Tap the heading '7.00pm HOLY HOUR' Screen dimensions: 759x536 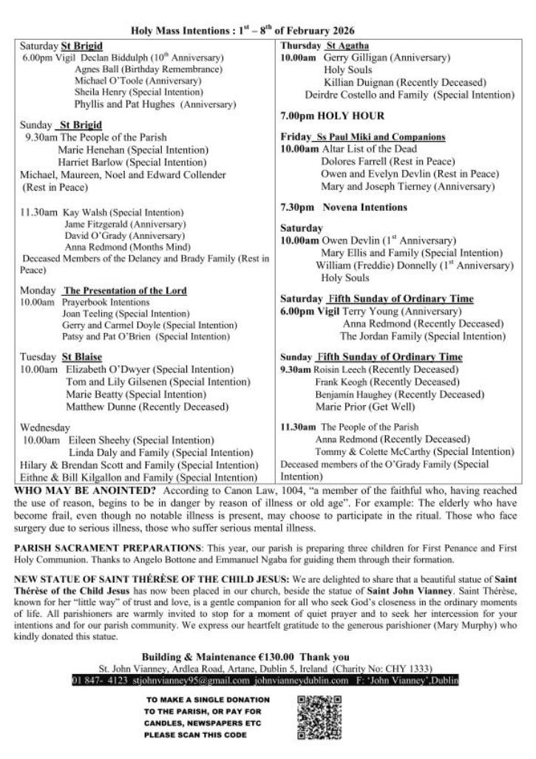click(x=332, y=116)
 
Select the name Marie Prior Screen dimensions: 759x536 click(x=341, y=406)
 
